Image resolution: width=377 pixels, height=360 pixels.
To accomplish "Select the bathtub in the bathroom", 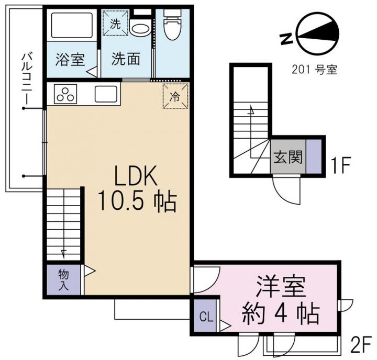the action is pyautogui.click(x=72, y=25).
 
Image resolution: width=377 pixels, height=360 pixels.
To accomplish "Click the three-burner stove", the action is pyautogui.click(x=65, y=94).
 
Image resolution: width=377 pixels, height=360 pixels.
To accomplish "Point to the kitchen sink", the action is pyautogui.click(x=106, y=94).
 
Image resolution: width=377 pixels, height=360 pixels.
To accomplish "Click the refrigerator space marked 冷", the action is pyautogui.click(x=175, y=96).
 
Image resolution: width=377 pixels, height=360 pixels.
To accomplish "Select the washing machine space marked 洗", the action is pyautogui.click(x=115, y=24).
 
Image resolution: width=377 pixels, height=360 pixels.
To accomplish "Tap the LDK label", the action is pyautogui.click(x=136, y=175).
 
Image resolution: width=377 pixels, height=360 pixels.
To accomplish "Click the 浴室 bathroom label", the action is pyautogui.click(x=70, y=59).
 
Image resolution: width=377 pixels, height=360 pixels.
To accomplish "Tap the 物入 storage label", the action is pyautogui.click(x=63, y=280).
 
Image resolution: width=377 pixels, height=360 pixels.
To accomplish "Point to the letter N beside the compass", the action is pyautogui.click(x=286, y=39).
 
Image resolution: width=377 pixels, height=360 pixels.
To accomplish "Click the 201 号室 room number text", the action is pyautogui.click(x=315, y=70).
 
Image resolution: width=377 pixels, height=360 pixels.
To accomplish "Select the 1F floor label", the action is pyautogui.click(x=341, y=165).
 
